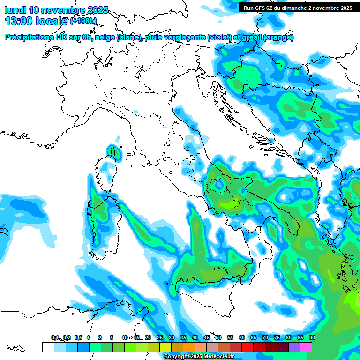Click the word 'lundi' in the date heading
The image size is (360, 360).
(x=15, y=9)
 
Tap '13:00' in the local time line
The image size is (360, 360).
(x=19, y=21)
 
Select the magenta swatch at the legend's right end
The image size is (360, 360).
(x=306, y=347)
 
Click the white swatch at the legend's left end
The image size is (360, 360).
(x=48, y=347)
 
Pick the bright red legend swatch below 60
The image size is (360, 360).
(x=247, y=347)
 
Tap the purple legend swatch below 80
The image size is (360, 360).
(x=294, y=347)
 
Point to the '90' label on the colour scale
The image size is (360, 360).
(x=312, y=337)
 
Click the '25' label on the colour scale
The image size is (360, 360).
(x=160, y=337)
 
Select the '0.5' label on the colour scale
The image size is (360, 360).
(x=78, y=337)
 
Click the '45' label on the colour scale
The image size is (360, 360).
(x=207, y=337)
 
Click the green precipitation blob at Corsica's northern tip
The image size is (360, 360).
(x=112, y=151)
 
